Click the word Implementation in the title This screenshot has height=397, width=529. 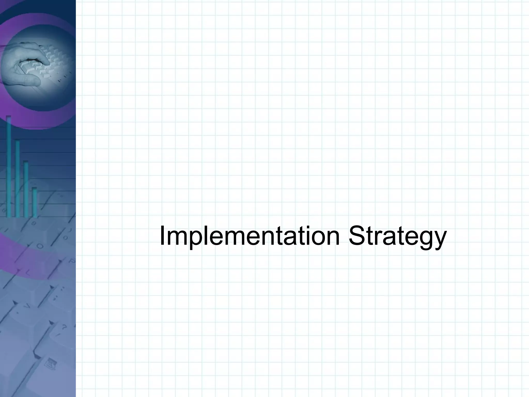[x=249, y=236]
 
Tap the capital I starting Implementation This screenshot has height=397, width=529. [x=162, y=236]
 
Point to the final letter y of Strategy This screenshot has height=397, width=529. [x=440, y=239]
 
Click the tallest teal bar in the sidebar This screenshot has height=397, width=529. [x=9, y=166]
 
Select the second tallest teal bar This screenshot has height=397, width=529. [x=17, y=178]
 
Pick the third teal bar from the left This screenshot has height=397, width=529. [x=26, y=189]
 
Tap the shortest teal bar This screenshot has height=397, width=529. [x=34, y=202]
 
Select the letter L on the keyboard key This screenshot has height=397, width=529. [x=28, y=272]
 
